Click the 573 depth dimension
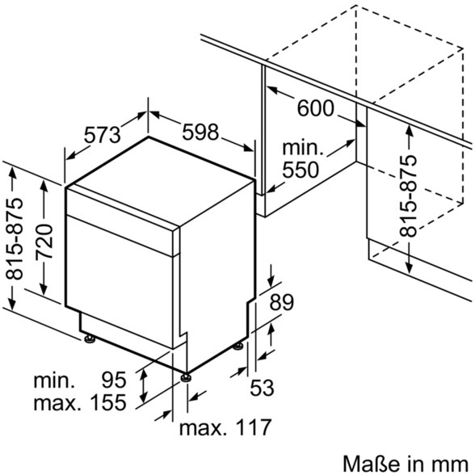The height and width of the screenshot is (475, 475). click(x=102, y=135)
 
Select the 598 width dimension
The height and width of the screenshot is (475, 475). click(x=200, y=132)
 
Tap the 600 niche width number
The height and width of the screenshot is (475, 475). click(x=316, y=108)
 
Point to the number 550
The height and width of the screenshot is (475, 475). click(x=301, y=170)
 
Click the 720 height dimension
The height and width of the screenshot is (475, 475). click(x=44, y=241)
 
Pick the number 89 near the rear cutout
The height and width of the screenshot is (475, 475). click(x=282, y=302)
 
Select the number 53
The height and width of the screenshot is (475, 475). click(x=262, y=387)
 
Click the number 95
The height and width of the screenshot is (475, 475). click(x=114, y=380)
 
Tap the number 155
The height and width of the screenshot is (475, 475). click(x=108, y=402)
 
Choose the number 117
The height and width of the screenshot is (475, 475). click(x=253, y=427)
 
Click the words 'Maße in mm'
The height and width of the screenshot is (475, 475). click(x=406, y=464)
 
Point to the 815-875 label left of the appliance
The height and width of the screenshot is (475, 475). click(x=14, y=239)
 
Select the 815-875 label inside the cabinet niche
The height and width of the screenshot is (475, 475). click(x=408, y=195)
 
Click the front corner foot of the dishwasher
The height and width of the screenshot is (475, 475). click(x=186, y=377)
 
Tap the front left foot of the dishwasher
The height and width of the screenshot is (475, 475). click(x=89, y=338)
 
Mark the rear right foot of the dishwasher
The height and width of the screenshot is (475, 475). click(x=237, y=347)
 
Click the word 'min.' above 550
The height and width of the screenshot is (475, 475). click(x=303, y=148)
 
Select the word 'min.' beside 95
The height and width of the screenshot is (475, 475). click(x=54, y=380)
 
